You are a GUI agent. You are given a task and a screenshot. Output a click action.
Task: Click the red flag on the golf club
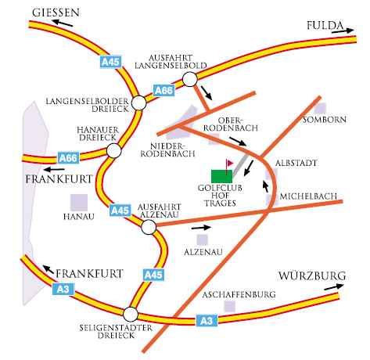click(x=229, y=164)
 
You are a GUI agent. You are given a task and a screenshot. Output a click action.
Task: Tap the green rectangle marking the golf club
click(x=221, y=176)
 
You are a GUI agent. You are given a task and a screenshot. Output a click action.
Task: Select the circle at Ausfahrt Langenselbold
click(x=190, y=79)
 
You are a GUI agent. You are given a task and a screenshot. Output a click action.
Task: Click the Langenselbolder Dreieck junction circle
click(x=139, y=103)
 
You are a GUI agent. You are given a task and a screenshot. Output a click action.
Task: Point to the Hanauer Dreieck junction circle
click(x=114, y=150)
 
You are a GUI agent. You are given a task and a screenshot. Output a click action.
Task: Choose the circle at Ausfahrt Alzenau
click(x=149, y=227)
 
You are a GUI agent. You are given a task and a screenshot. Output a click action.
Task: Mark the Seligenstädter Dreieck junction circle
click(x=131, y=314)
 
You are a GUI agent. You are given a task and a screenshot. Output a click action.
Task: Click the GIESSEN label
click(x=56, y=13)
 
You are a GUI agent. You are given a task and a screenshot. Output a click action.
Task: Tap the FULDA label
click(x=325, y=25)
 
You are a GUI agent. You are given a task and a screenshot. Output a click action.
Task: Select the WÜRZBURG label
click(x=312, y=275)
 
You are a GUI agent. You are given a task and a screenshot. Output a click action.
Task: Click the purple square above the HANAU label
click(x=79, y=203)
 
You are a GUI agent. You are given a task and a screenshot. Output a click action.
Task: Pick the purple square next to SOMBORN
click(x=320, y=109)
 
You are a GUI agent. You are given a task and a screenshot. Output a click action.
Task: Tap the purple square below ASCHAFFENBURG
click(x=229, y=306)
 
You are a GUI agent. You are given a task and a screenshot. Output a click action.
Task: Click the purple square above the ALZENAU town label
click(x=203, y=239)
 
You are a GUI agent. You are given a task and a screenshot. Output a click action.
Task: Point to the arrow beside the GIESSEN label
click(x=63, y=23)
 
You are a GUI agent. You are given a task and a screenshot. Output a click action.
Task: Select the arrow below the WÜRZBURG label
click(x=334, y=286)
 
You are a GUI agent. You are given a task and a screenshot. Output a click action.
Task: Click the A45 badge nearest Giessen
click(x=110, y=62)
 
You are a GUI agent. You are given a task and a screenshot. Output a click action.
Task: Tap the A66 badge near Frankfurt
click(x=68, y=158)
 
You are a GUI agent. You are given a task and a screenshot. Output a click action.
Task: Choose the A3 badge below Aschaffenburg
click(x=207, y=321)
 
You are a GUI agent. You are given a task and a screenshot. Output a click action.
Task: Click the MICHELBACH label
click(x=308, y=196)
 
